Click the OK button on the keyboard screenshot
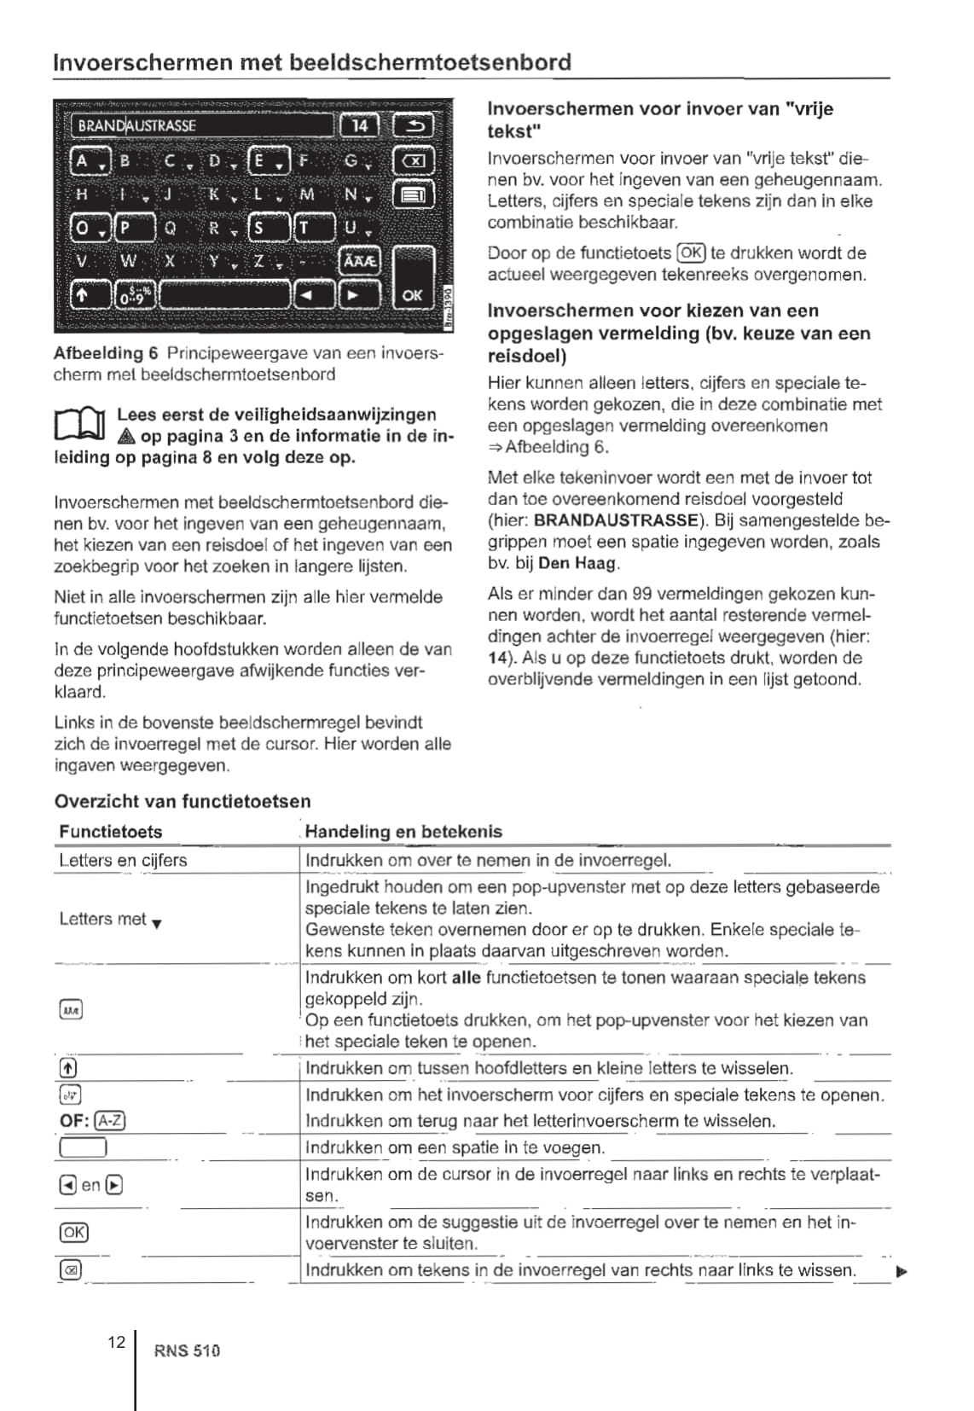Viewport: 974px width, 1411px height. click(x=412, y=294)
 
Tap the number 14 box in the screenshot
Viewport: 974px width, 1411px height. click(x=360, y=126)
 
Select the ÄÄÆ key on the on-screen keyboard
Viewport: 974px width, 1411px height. click(x=359, y=261)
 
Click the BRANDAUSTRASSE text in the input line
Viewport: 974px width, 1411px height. click(x=136, y=126)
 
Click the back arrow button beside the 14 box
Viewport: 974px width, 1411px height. click(x=413, y=126)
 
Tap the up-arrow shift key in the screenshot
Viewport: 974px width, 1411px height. click(x=83, y=295)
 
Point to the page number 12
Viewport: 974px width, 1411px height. click(x=117, y=1342)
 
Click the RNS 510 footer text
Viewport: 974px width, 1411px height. click(x=187, y=1350)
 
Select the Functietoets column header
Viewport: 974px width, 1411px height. click(x=111, y=832)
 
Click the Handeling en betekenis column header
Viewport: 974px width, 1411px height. click(x=403, y=832)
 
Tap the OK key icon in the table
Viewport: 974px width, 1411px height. click(x=74, y=1232)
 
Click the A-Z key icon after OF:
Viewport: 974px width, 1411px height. click(x=111, y=1121)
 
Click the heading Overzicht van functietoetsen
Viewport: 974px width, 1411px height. click(x=183, y=801)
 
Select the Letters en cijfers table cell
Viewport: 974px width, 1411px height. click(x=123, y=860)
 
